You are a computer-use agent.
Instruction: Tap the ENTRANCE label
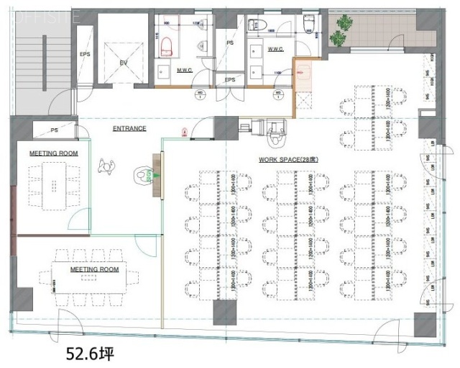click(x=129, y=129)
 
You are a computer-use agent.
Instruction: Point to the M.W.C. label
click(x=167, y=70)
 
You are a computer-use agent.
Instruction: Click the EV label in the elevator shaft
click(x=123, y=63)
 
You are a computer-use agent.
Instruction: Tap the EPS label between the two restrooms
click(x=230, y=79)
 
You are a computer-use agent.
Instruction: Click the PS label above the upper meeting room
click(x=54, y=130)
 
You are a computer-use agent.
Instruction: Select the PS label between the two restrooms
click(x=231, y=43)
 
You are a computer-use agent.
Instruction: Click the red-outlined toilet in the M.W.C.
click(x=166, y=45)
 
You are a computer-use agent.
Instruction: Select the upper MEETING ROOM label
click(x=53, y=153)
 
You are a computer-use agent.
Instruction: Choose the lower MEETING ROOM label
click(x=94, y=269)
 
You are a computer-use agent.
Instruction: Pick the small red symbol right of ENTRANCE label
click(x=184, y=132)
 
